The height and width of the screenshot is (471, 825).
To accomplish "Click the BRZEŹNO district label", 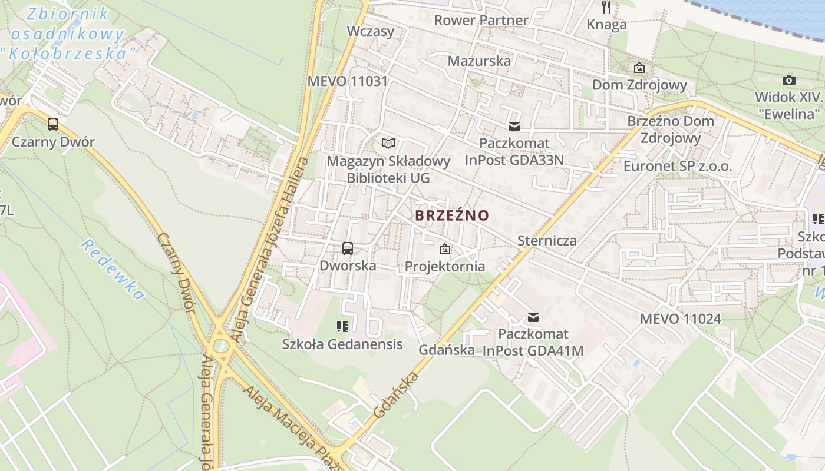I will [x=452, y=215].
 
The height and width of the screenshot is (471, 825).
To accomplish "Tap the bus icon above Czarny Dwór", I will [x=53, y=124].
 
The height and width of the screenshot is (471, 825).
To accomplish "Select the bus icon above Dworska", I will [x=348, y=248].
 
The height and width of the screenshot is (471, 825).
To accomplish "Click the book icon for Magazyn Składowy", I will [x=388, y=143].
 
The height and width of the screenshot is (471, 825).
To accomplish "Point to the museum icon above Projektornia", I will [x=445, y=249].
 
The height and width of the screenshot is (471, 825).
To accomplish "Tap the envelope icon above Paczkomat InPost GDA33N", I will [x=514, y=126].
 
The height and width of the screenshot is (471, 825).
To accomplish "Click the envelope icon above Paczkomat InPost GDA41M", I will [x=533, y=317].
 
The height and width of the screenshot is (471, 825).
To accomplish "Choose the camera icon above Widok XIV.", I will [x=788, y=80].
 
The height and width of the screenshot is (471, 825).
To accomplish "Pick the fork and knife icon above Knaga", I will [x=606, y=7].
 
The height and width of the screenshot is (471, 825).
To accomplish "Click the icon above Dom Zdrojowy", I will [x=639, y=68].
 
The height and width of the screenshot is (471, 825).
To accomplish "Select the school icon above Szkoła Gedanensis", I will [x=342, y=327].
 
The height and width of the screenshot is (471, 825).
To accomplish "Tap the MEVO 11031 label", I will [x=348, y=81].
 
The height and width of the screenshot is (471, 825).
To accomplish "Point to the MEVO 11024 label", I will [x=681, y=319].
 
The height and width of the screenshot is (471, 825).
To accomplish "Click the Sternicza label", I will [x=547, y=240].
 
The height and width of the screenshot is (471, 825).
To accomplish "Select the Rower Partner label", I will [x=481, y=21].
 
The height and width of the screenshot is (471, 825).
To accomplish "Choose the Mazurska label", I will [x=479, y=61].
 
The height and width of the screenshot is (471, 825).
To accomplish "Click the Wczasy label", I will [x=371, y=31].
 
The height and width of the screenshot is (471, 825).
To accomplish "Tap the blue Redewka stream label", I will [x=112, y=270].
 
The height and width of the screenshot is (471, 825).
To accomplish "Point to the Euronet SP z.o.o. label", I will [x=678, y=167].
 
